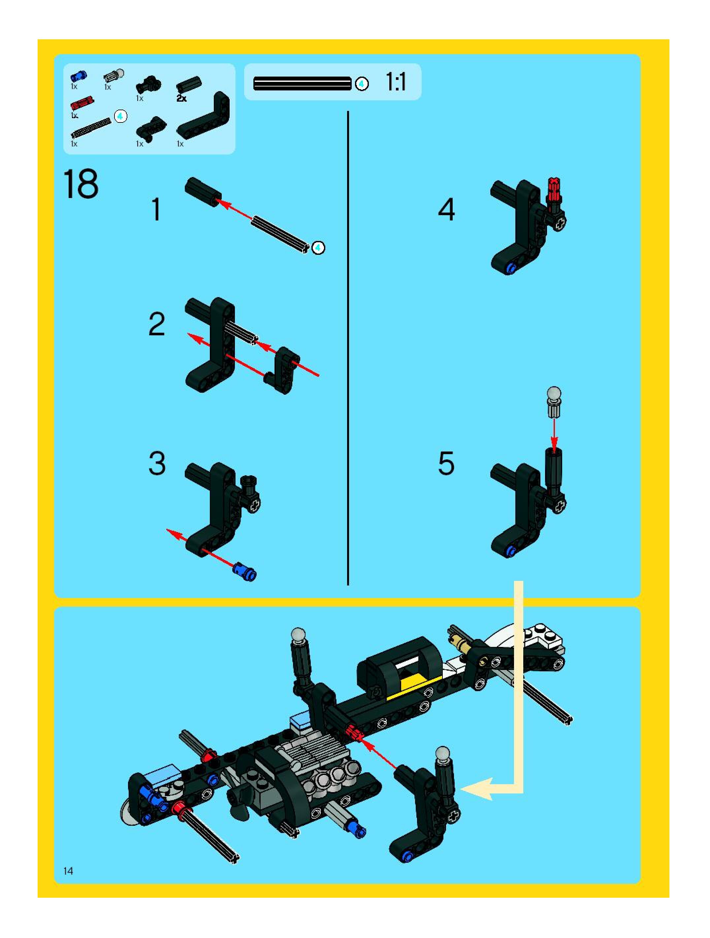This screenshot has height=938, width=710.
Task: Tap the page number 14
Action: click(x=68, y=871)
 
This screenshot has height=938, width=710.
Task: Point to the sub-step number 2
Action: click(x=156, y=324)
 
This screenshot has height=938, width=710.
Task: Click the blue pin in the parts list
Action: click(x=79, y=76)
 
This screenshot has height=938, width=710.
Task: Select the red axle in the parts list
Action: click(x=82, y=103)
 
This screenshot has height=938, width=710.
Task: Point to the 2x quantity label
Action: click(x=181, y=98)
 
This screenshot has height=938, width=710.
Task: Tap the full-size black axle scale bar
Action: click(x=302, y=84)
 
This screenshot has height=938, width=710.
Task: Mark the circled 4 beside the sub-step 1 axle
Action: click(x=318, y=247)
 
